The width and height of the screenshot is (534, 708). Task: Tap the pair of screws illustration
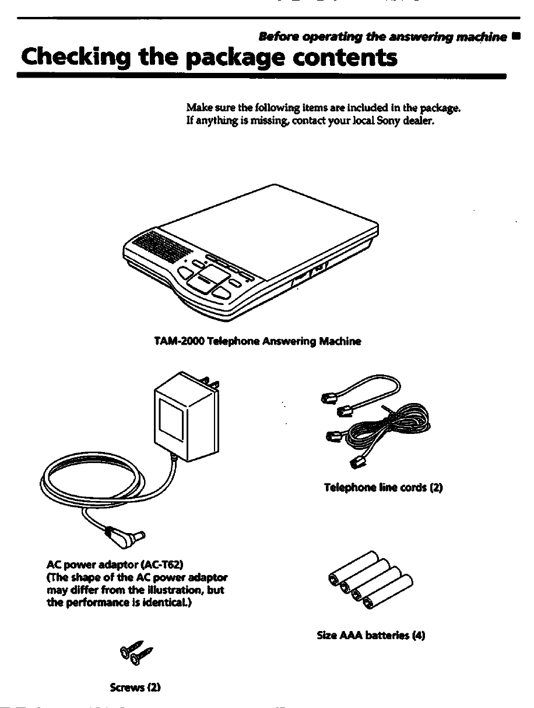136,653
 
